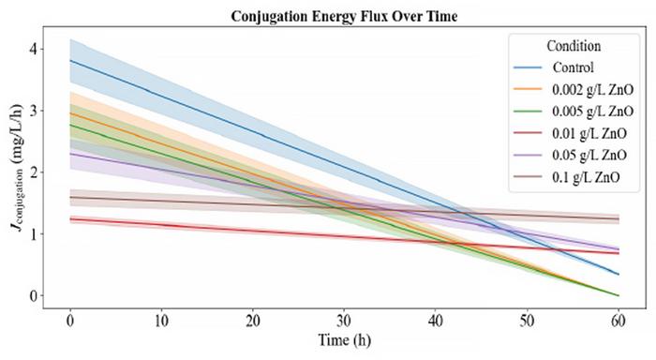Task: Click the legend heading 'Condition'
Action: pos(574,45)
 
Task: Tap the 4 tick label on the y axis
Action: pos(35,48)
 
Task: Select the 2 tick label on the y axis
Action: pos(35,172)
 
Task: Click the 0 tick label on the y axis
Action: pos(35,296)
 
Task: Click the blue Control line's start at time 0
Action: pos(70,60)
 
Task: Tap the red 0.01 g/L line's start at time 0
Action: pos(70,219)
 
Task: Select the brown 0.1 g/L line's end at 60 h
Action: pos(618,219)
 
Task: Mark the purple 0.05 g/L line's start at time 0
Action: pos(70,154)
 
